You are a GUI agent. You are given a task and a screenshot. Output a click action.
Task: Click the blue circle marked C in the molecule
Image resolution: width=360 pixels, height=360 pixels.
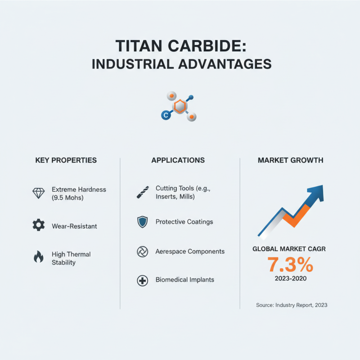tap(165, 116)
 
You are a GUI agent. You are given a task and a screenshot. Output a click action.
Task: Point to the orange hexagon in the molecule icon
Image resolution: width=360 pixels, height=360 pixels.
tap(180, 106)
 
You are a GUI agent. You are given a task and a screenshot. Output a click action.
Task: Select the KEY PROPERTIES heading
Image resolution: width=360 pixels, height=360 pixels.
tap(66, 160)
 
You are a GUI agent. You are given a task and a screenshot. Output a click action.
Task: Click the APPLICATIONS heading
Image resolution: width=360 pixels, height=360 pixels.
tap(178, 160)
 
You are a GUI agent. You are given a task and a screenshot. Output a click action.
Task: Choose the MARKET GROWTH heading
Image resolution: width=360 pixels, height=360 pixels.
tap(290, 160)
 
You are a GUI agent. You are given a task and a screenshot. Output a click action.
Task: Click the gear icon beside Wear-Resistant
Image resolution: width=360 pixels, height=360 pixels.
tap(39, 225)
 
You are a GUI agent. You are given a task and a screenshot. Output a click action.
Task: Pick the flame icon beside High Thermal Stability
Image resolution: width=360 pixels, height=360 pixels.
tap(39, 257)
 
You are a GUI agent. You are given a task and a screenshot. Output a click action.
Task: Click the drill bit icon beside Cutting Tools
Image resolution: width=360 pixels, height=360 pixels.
tap(142, 193)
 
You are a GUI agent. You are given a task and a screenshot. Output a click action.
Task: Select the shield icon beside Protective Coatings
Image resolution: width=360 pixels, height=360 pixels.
tap(142, 222)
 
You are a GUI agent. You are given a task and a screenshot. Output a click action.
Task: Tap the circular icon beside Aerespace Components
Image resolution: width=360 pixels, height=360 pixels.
tap(142, 252)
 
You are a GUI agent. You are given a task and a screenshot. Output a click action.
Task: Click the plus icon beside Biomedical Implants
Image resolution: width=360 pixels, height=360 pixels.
tap(142, 281)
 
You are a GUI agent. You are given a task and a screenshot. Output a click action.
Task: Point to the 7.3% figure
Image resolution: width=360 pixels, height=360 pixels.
tap(290, 265)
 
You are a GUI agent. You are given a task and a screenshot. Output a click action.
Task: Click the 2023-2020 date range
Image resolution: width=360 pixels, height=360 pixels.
tap(290, 279)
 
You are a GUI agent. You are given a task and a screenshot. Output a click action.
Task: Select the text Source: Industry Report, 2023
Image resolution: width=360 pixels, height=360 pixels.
tap(292, 305)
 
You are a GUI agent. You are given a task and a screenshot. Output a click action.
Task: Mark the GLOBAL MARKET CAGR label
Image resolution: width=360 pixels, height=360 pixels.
tap(290, 249)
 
